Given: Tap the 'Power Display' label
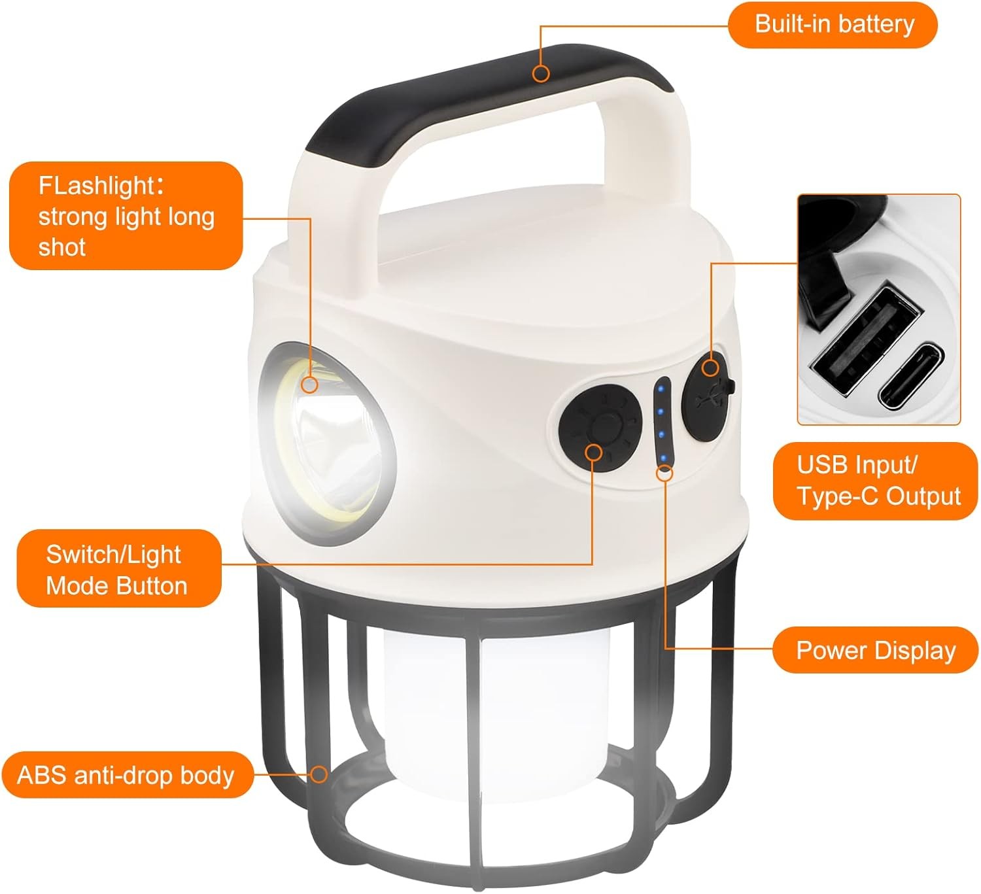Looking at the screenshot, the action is [875, 650].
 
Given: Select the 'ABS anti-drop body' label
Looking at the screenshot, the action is [127, 775].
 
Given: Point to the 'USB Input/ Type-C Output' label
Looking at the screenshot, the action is [875, 481].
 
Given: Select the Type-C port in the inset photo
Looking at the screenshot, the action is [912, 376].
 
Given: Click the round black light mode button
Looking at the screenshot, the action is [600, 424].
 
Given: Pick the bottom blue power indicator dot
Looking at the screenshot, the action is [663, 458].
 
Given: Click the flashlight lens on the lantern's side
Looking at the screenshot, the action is [327, 443].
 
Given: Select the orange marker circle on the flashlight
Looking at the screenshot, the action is [309, 385].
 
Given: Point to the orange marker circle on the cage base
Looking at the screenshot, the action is [319, 774].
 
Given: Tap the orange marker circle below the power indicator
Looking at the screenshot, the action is [664, 473].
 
